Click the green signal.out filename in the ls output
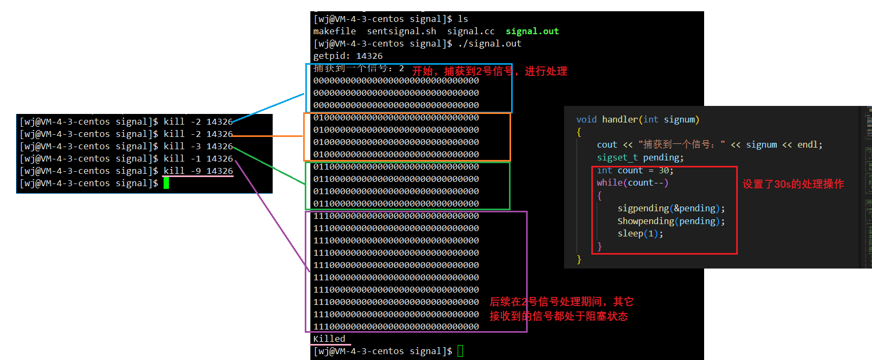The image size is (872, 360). click(x=532, y=32)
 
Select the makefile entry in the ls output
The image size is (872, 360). click(x=334, y=32)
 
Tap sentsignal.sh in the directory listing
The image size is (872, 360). click(x=401, y=32)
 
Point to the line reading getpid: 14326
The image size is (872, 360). click(x=348, y=56)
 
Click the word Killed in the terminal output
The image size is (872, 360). click(x=329, y=339)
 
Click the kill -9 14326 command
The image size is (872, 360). click(x=198, y=171)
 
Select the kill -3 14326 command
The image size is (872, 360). click(x=198, y=147)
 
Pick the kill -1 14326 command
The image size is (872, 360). click(x=198, y=159)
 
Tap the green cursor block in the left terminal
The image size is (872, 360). click(x=166, y=183)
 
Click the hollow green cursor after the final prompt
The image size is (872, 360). click(x=460, y=351)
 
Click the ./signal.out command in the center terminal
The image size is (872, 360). click(x=489, y=44)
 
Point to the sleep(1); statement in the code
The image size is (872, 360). click(x=640, y=234)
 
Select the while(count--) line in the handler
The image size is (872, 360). click(x=632, y=183)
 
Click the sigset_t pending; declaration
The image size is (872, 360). click(x=640, y=158)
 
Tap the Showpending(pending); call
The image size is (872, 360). click(x=671, y=221)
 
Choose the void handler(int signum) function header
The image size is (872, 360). click(x=637, y=120)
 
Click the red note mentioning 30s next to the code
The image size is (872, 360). click(x=793, y=184)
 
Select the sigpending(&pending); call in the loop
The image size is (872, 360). click(x=671, y=209)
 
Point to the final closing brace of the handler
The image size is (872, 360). click(x=579, y=259)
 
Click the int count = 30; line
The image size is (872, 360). click(x=635, y=171)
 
